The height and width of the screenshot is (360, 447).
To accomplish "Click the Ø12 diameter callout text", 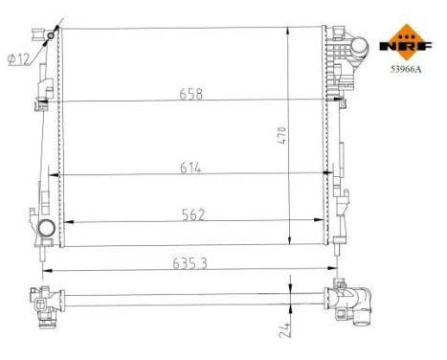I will tap(16, 58).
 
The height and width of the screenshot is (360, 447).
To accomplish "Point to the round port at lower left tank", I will tap(46, 229).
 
